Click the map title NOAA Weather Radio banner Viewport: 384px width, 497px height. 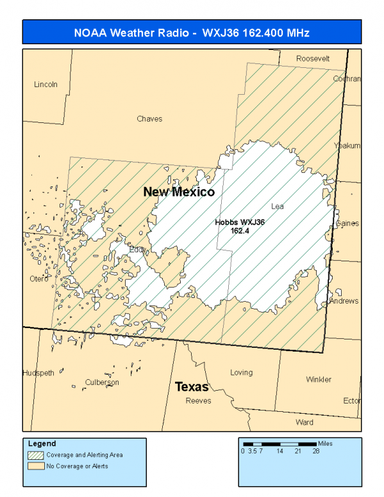[x=192, y=32]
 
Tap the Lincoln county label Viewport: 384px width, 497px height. [x=46, y=85]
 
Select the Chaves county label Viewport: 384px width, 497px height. [x=149, y=118]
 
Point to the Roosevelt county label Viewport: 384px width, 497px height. [x=313, y=58]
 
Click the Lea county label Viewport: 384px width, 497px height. [x=277, y=206]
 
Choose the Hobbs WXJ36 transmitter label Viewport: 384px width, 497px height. [x=240, y=226]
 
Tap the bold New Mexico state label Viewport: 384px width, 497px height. [x=179, y=191]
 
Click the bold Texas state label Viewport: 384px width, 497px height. [x=192, y=387]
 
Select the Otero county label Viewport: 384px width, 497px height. [x=39, y=279]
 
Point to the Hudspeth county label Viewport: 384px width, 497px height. [x=38, y=373]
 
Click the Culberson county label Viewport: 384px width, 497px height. [x=102, y=382]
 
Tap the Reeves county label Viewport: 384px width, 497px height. [x=198, y=401]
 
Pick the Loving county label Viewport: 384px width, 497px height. [x=241, y=372]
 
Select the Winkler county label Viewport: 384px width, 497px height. [x=319, y=379]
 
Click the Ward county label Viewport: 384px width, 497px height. [x=305, y=422]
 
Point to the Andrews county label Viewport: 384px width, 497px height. [x=344, y=300]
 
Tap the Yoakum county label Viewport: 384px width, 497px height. [x=348, y=146]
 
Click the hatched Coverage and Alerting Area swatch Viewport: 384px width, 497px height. [x=35, y=455]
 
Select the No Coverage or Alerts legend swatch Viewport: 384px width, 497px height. [x=35, y=466]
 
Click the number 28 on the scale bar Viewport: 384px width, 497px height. [x=316, y=452]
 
